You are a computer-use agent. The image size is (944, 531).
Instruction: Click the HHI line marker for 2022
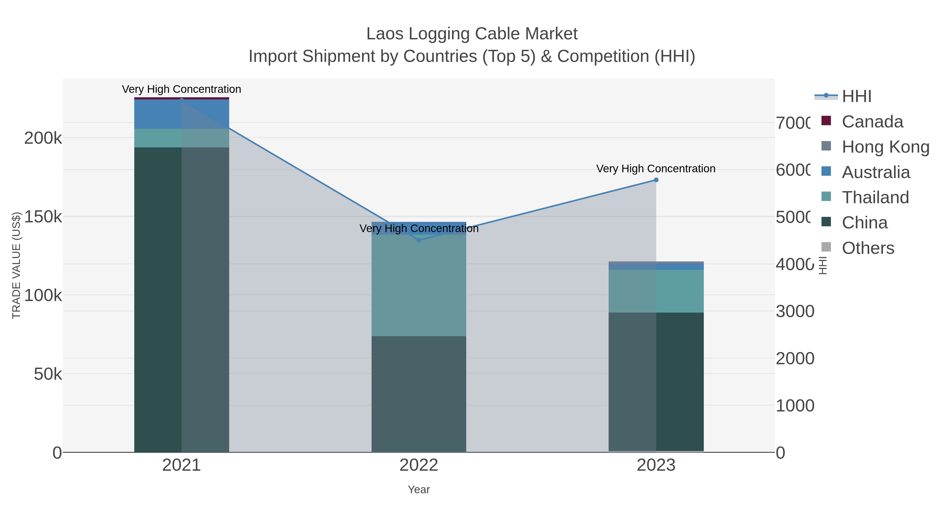(x=419, y=240)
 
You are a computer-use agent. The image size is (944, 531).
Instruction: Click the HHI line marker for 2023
(x=656, y=180)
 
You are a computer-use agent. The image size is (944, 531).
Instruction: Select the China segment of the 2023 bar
(x=656, y=381)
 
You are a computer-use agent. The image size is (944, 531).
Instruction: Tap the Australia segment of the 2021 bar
(x=181, y=114)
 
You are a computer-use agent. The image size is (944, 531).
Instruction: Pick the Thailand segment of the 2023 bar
(x=656, y=291)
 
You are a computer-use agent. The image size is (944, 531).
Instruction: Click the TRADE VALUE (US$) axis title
(x=16, y=265)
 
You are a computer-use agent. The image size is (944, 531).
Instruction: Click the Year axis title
(x=419, y=490)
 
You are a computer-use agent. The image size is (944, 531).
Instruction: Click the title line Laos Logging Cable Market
(x=472, y=34)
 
